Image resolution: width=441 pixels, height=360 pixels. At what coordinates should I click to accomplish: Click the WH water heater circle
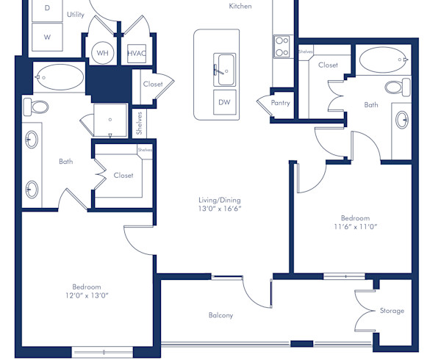101,53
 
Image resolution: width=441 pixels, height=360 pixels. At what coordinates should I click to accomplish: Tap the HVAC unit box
136,53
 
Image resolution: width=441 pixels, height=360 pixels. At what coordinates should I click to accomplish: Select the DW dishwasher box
223,103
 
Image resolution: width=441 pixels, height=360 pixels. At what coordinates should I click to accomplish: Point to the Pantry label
280,103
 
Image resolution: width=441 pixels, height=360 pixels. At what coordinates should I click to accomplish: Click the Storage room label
392,311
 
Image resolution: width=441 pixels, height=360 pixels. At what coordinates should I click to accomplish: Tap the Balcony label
220,316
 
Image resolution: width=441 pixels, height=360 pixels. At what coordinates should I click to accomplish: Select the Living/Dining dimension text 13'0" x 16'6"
219,209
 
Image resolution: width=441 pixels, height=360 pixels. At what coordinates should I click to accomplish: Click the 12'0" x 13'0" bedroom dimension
86,296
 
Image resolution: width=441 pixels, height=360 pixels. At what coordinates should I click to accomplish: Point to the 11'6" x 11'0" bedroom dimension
355,228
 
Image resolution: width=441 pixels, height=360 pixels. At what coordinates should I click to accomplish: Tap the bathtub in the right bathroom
381,57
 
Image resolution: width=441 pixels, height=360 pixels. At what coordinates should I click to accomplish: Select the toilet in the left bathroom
36,107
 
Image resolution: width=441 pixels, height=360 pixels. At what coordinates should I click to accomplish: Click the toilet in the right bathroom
397,87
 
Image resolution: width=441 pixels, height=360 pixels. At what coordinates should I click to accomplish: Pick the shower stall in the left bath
110,120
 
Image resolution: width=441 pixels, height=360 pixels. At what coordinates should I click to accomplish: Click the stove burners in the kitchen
282,47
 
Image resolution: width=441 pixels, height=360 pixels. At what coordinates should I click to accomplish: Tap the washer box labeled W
48,36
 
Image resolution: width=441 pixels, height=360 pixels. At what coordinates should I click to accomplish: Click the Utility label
75,14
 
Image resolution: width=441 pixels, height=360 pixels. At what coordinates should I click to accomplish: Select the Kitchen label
240,7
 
